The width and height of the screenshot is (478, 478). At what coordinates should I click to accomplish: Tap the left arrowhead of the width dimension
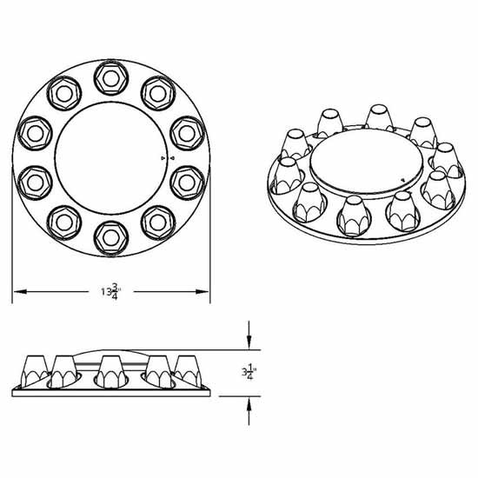[x=16, y=289]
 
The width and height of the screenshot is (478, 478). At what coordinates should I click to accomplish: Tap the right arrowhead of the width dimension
[x=207, y=289]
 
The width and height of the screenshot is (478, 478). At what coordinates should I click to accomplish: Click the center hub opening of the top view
[x=111, y=156]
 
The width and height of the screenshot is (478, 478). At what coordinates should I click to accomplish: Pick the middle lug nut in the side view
[x=110, y=370]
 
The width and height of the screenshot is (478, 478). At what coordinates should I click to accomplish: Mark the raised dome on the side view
[x=110, y=349]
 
